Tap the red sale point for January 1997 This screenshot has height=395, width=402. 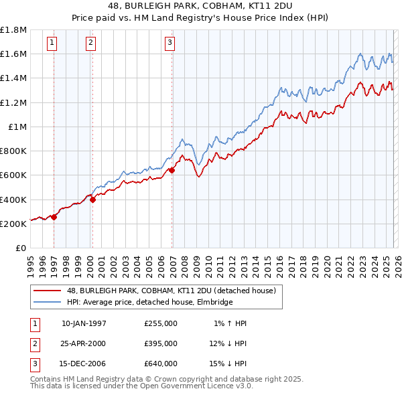click(x=54, y=216)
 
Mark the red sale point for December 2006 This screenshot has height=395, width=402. click(x=172, y=170)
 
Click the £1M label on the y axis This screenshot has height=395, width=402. click(x=17, y=127)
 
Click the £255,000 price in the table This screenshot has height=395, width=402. click(x=160, y=323)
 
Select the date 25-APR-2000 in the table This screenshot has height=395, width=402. click(x=83, y=343)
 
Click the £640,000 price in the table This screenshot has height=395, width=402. click(x=160, y=364)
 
